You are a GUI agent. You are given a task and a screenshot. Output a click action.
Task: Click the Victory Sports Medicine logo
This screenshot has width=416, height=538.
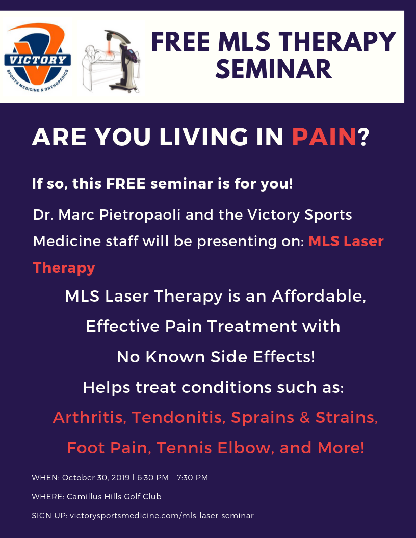[x=37, y=57]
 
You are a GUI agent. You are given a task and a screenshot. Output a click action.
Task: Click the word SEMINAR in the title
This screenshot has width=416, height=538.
[x=274, y=69]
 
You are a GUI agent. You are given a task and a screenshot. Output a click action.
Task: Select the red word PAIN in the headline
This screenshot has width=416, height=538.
[x=324, y=137]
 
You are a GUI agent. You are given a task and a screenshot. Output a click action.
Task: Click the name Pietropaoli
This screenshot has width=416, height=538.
[x=140, y=215]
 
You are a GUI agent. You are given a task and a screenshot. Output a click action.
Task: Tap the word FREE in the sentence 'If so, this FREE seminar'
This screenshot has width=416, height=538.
[x=126, y=183]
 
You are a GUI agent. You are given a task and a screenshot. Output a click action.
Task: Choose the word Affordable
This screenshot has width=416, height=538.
[x=319, y=296]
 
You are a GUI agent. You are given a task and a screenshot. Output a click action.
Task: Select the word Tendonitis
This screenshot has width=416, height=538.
[x=178, y=418]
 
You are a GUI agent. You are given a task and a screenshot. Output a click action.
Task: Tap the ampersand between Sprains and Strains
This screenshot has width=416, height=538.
[x=305, y=418]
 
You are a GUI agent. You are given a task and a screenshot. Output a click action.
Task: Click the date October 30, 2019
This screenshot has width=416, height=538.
[x=96, y=477]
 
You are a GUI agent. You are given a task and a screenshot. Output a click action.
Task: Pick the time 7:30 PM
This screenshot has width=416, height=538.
[x=193, y=477]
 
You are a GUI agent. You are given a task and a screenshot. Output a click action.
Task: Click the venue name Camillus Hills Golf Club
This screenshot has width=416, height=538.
[x=114, y=497]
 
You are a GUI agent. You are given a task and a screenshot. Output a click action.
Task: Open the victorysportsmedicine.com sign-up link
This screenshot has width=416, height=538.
[x=162, y=516]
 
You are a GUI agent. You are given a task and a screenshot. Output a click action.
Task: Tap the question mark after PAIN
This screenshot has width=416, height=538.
[x=363, y=137]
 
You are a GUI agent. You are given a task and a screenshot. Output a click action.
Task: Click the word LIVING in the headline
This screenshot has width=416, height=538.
[x=203, y=137]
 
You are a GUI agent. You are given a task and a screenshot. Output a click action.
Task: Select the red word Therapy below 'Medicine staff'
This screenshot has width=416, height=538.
[x=64, y=268]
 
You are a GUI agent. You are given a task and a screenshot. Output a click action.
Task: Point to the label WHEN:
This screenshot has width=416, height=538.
[x=46, y=477]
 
